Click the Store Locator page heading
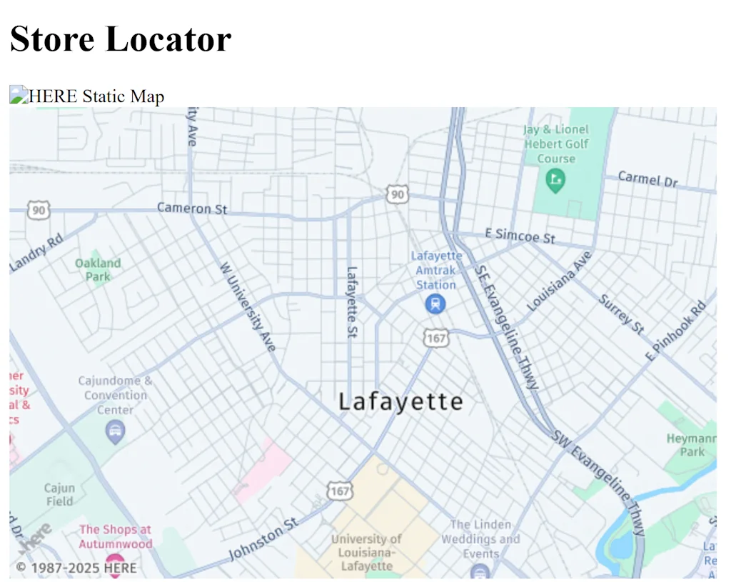coord(121,39)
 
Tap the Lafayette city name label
coord(400,401)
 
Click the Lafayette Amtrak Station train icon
coord(435,304)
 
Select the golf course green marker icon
coord(555,180)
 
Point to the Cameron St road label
coord(192,209)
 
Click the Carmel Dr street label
coord(647,179)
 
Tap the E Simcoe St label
coord(520,236)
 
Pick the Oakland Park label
coord(98,269)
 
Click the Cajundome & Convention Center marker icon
coord(114,431)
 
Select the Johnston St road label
coord(263,540)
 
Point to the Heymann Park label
coord(691,444)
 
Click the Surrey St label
coord(621,313)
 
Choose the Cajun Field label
coord(59,494)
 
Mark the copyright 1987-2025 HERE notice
coord(76,568)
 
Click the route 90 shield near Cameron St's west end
coord(39,209)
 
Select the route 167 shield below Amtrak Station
coord(435,338)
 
